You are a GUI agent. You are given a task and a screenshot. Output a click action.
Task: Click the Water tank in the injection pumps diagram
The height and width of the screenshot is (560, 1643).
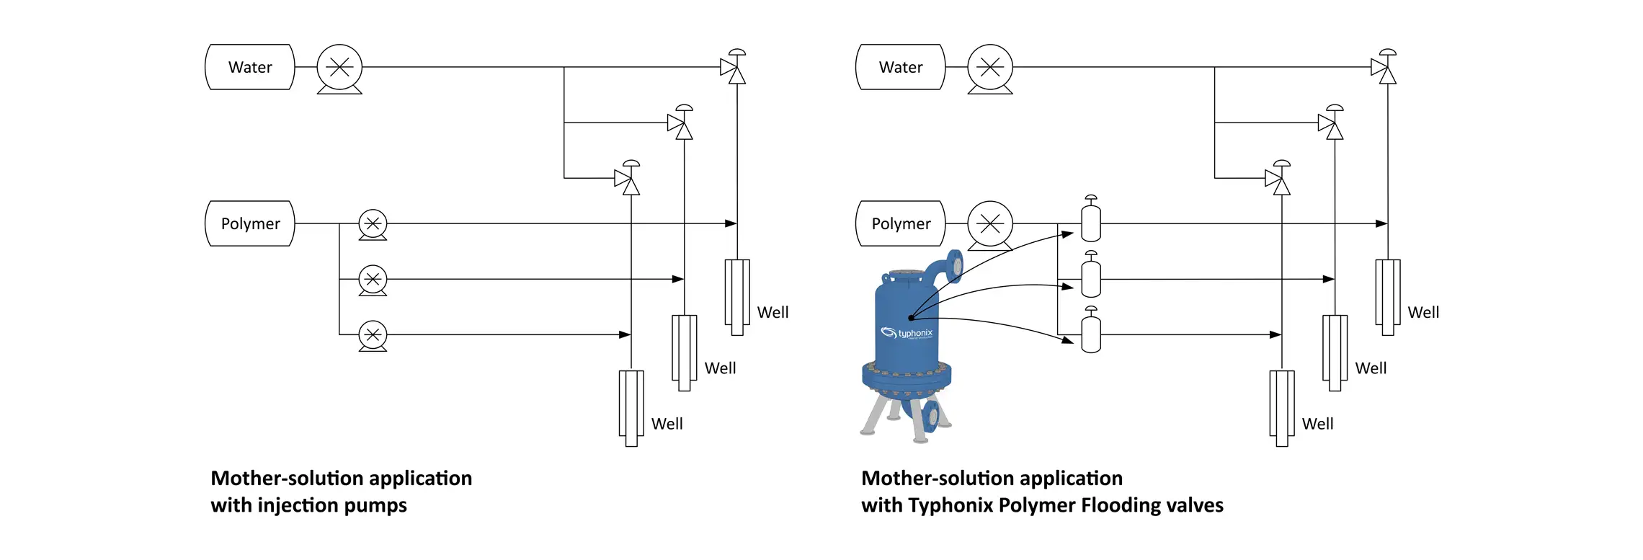(250, 67)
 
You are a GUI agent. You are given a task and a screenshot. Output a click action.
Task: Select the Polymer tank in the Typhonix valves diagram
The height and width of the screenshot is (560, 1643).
(901, 223)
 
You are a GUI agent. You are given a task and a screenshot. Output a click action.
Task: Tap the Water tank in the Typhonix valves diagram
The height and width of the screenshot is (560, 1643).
(901, 67)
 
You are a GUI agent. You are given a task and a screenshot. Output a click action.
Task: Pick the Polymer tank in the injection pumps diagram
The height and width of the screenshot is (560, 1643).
(250, 223)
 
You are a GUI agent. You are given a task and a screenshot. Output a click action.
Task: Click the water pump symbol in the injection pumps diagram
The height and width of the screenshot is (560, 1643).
(339, 68)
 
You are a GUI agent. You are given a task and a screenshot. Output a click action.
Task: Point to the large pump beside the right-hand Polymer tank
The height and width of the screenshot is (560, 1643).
(990, 224)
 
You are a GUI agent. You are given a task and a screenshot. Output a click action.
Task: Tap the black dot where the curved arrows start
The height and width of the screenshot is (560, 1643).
(911, 318)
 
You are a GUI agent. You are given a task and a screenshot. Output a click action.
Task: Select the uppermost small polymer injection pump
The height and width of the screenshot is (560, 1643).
(373, 224)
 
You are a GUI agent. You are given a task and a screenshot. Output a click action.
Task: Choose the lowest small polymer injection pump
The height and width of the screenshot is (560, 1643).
(373, 335)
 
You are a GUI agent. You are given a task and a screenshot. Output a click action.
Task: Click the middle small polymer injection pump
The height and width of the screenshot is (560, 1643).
(373, 280)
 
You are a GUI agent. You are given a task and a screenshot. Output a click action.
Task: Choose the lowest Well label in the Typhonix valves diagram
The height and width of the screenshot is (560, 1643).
(1317, 424)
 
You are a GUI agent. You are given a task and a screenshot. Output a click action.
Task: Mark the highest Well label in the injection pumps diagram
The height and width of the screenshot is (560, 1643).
(772, 312)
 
